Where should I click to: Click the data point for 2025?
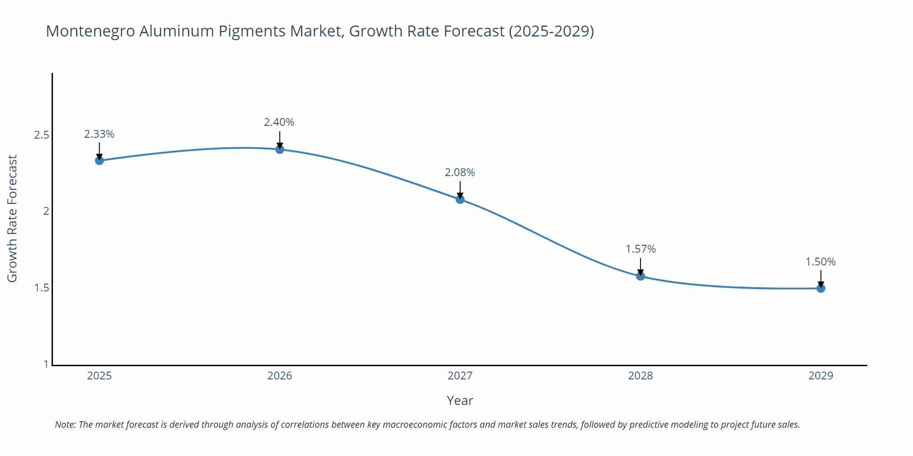coord(99,161)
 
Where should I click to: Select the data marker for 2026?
coord(280,149)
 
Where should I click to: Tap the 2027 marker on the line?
coord(460,199)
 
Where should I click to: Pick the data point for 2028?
coord(640,276)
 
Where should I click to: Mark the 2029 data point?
coord(821,288)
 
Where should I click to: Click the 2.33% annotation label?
coord(99,134)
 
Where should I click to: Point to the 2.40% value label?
coord(279,122)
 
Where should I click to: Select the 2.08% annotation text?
coord(460,172)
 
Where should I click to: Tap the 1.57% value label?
coord(640,249)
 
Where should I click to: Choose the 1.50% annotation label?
coord(820,262)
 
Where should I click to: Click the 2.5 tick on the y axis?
coord(42,135)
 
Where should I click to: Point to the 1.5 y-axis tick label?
coord(42,288)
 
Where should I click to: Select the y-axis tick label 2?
coord(46,212)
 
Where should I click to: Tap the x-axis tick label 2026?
coord(280,376)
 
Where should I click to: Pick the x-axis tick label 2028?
coord(640,376)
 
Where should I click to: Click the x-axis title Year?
coord(460,400)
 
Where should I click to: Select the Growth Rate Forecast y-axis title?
coord(12,218)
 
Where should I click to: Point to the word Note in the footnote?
coord(65,425)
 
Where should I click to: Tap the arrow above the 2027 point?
coord(460,189)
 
